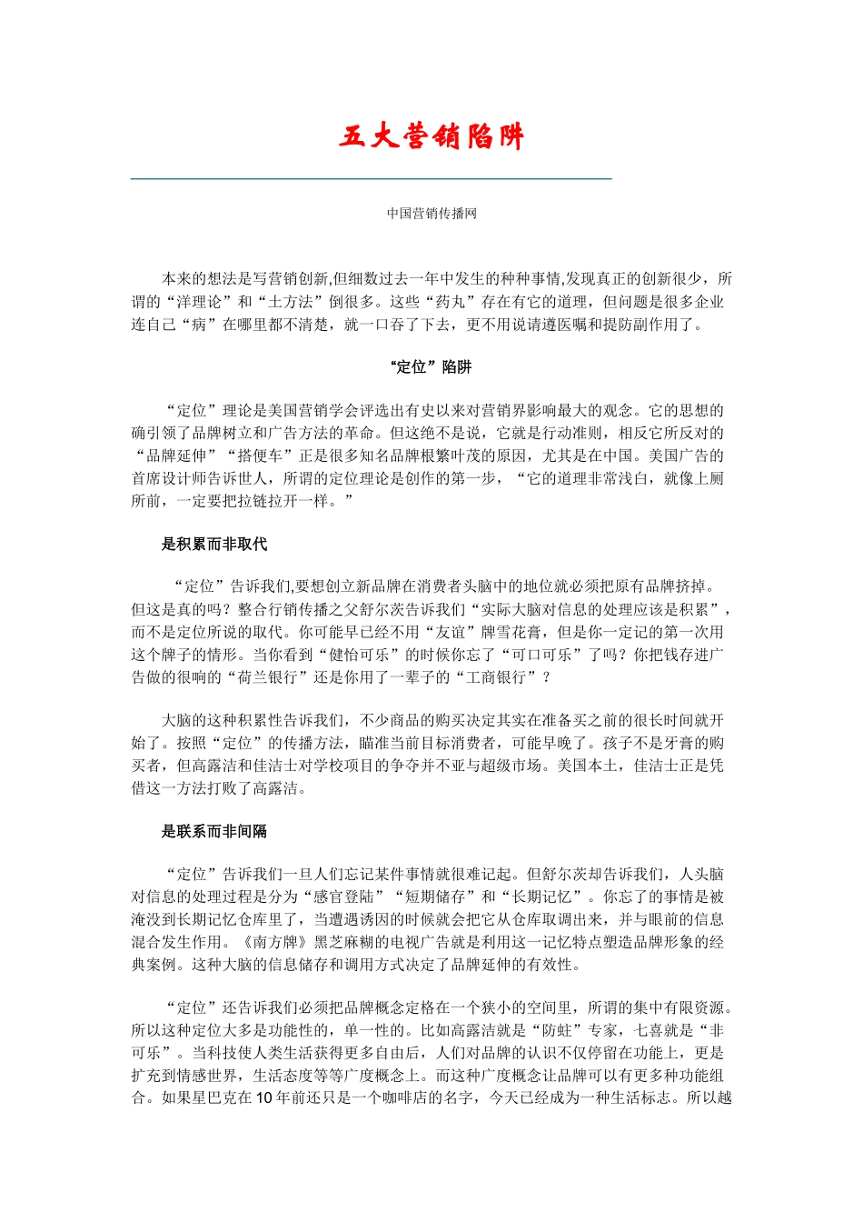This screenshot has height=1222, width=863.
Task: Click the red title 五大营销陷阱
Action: pyautogui.click(x=431, y=137)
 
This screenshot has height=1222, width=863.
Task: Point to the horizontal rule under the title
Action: pyautogui.click(x=371, y=179)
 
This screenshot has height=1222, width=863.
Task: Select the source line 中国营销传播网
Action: pyautogui.click(x=431, y=214)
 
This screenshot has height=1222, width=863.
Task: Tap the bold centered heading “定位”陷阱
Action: pyautogui.click(x=431, y=367)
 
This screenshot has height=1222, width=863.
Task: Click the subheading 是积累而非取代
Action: pyautogui.click(x=214, y=545)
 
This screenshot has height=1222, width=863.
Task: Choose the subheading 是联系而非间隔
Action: pyautogui.click(x=214, y=831)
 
